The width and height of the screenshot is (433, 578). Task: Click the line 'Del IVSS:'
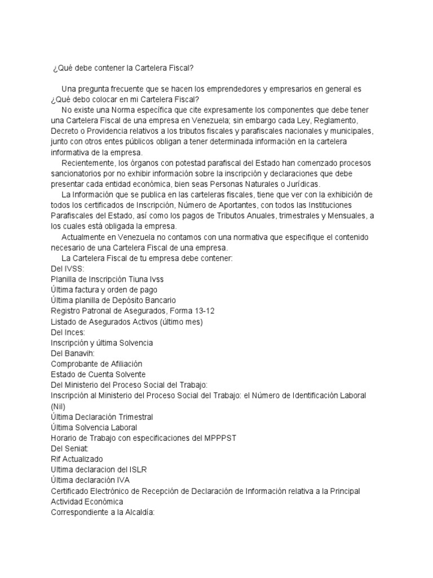tap(67, 269)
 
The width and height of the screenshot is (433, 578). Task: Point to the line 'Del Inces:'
tap(68, 332)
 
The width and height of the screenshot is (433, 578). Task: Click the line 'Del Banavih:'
tap(72, 353)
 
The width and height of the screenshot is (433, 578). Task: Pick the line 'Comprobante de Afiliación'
tap(96, 364)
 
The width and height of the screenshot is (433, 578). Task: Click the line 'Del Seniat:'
tap(69, 448)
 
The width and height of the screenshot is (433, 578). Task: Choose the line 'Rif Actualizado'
tap(77, 459)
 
